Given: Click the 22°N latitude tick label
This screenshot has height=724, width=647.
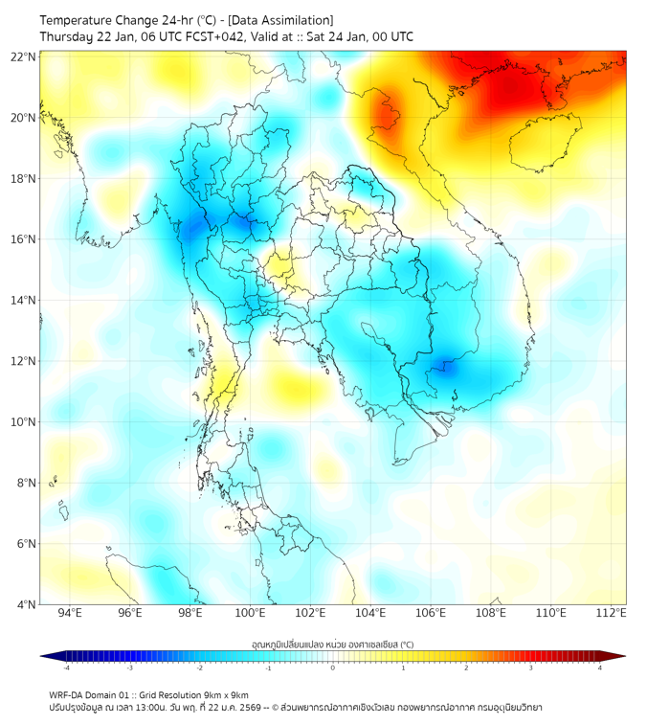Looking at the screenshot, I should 24,57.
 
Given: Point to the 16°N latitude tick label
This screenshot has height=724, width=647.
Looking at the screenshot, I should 24,239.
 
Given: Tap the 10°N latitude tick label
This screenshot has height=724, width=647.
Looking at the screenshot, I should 24,422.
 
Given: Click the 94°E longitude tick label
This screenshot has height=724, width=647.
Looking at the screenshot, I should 70,613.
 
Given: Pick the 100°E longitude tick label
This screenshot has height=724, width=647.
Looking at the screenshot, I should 251,613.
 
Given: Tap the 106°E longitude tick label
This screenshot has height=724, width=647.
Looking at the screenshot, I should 431,613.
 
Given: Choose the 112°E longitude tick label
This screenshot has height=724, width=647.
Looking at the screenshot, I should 612,613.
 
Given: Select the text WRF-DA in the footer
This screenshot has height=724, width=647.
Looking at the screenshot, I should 67,694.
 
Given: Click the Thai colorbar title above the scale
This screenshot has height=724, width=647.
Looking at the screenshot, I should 332,644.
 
